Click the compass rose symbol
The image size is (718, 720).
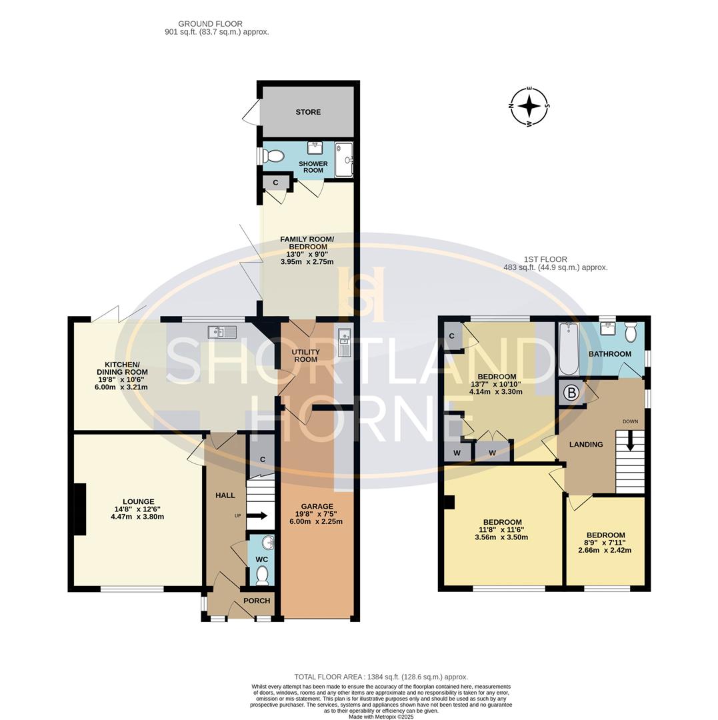[529, 106]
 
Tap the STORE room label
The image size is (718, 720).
[308, 112]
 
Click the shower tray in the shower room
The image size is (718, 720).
[343, 159]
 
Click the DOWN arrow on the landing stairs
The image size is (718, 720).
[630, 443]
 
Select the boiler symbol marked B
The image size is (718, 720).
[571, 393]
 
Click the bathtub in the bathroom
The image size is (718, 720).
[568, 349]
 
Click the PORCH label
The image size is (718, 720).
[257, 601]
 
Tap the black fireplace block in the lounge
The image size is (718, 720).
[79, 509]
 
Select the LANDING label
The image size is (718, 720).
[586, 445]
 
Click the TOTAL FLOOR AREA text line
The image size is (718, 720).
[381, 677]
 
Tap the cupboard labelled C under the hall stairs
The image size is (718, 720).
[262, 459]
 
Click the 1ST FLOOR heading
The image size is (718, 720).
[545, 259]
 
